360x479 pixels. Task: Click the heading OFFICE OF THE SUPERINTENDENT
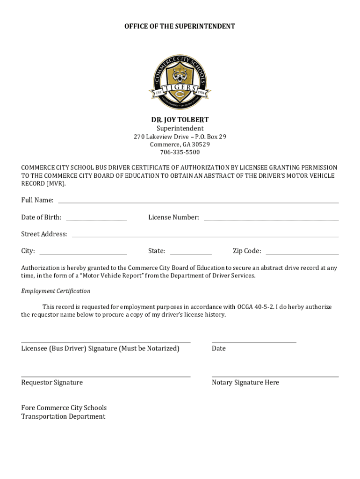[180, 27]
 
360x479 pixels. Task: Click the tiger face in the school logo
[180, 75]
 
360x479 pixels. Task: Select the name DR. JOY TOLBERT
[180, 120]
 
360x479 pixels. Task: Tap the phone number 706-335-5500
[180, 152]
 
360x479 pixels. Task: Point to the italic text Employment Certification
[56, 291]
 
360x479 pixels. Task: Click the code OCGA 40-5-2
[255, 307]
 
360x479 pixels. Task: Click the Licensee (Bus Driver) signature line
[106, 342]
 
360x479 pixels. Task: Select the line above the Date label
[254, 342]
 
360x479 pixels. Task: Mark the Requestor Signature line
[106, 377]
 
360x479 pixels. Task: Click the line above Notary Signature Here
[275, 377]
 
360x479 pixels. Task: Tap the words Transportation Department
[63, 417]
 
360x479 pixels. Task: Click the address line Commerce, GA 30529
[180, 145]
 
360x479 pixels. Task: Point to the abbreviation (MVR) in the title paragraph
[56, 183]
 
